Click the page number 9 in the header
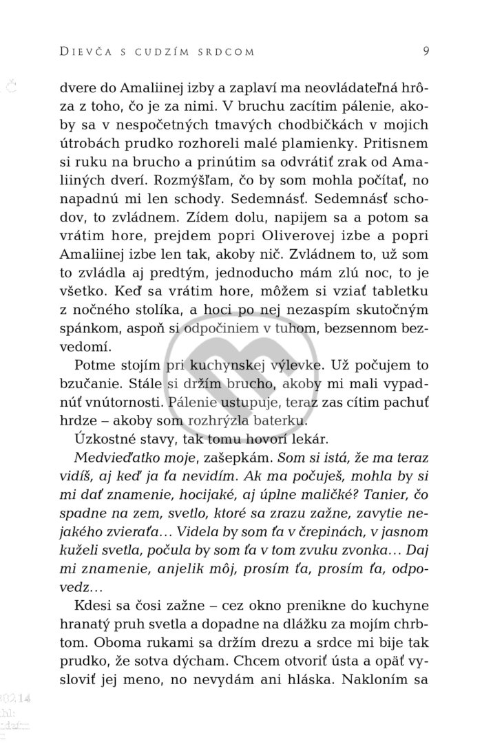coord(427,50)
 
